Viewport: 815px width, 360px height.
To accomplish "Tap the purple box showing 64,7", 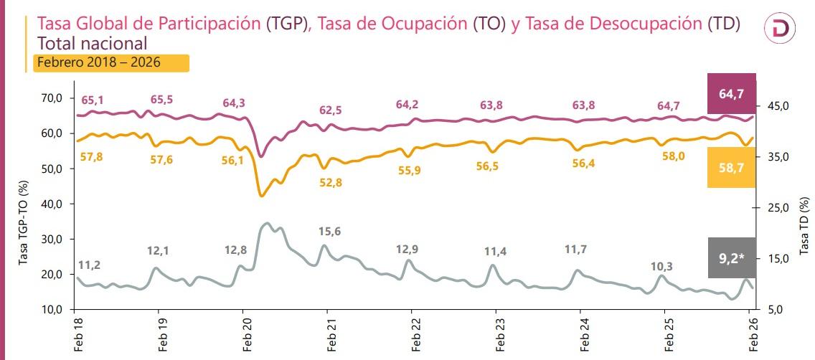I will coord(731,93).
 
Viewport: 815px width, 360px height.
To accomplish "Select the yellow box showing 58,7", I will coord(731,167).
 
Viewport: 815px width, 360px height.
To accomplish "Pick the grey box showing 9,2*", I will coord(731,257).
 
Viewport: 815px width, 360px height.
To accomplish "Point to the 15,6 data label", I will coord(330,231).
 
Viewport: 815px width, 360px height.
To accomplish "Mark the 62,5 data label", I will coord(330,110).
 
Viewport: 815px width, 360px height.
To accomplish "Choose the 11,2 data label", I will coord(89,265).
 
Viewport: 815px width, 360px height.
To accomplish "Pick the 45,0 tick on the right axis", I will coord(777,106).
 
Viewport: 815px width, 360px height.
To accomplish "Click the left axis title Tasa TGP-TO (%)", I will coord(22,223).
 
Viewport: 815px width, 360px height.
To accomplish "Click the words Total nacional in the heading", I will coord(91,43).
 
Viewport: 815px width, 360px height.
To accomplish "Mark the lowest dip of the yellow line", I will coord(261,196).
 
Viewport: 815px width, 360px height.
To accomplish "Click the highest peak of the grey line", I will coord(268,223).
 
